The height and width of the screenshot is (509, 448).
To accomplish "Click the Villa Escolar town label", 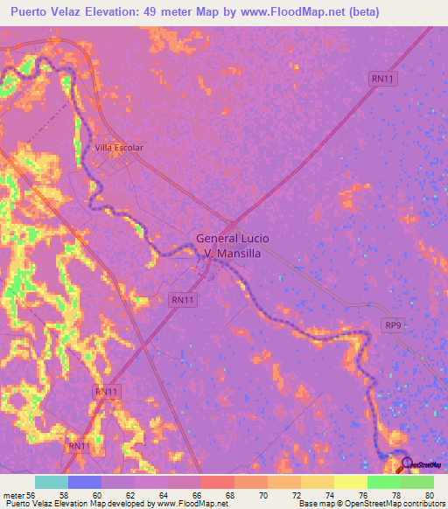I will pyautogui.click(x=118, y=148).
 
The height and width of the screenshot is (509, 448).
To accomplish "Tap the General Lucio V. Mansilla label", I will pyautogui.click(x=232, y=245).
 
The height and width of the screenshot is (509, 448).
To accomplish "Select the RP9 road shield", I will pyautogui.click(x=393, y=324).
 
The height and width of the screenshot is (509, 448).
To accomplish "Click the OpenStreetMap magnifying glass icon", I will pyautogui.click(x=406, y=465).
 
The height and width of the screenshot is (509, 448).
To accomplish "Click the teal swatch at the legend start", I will pyautogui.click(x=52, y=482).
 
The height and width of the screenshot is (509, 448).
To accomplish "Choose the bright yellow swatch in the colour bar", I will pyautogui.click(x=350, y=482).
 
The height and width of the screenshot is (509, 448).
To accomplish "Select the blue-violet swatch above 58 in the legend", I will pyautogui.click(x=85, y=482).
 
